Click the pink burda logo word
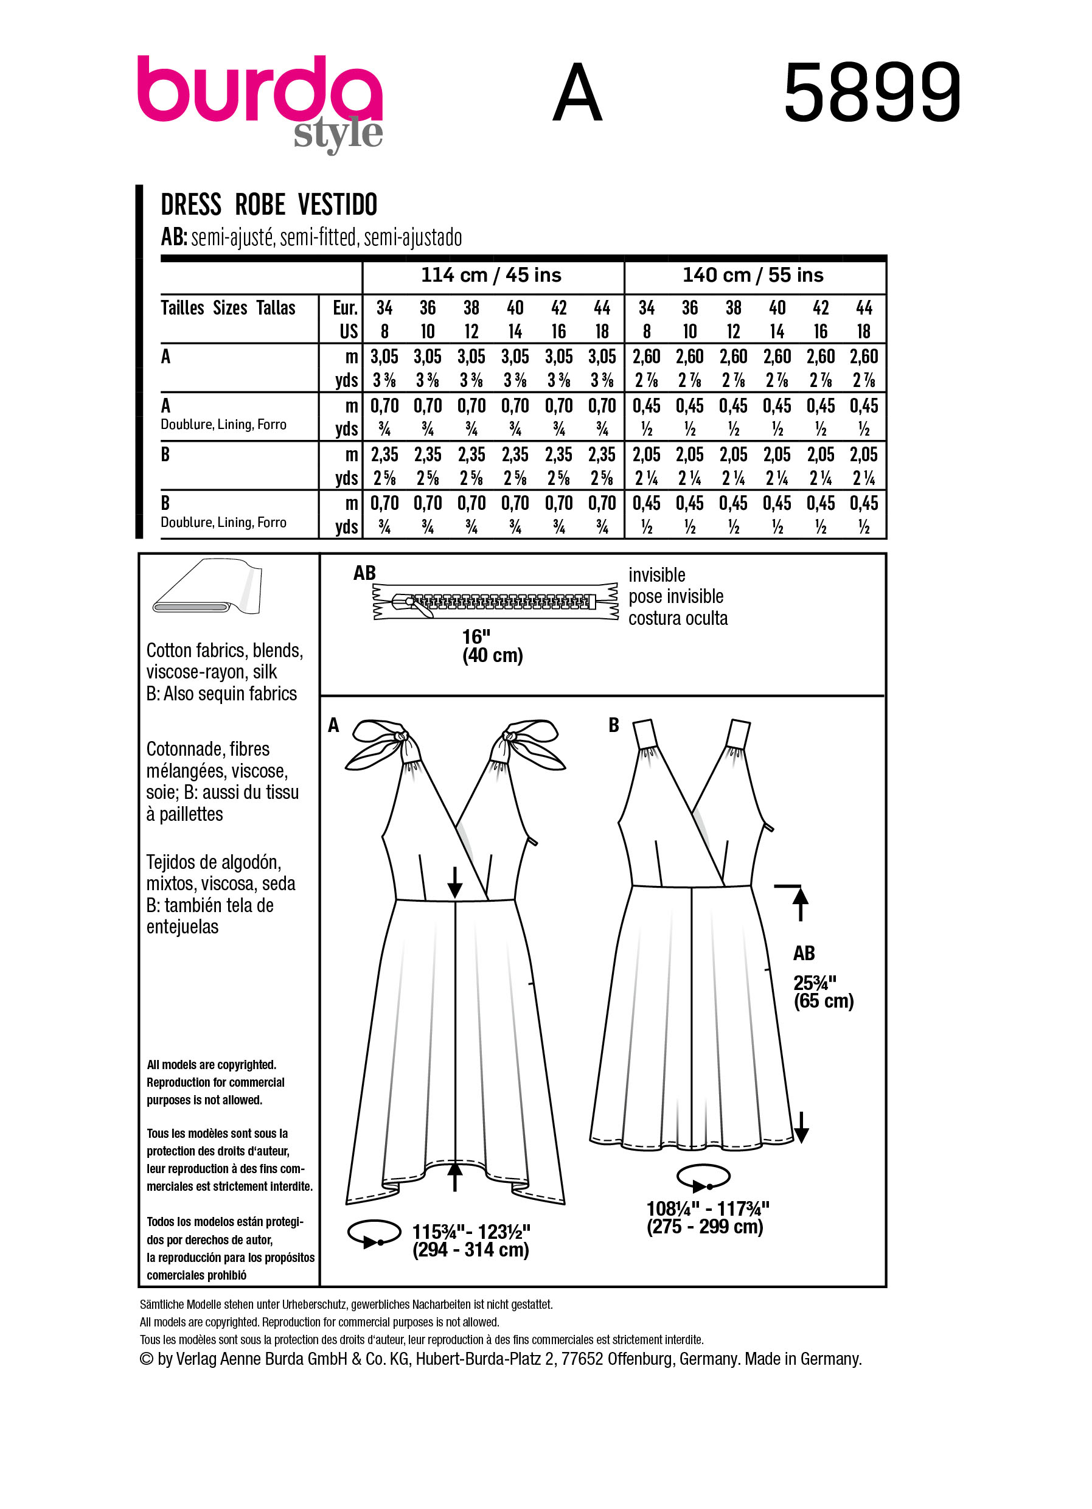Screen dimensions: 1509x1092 tap(259, 90)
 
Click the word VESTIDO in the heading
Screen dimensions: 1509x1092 tap(337, 204)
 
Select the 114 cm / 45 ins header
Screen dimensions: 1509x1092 tap(491, 276)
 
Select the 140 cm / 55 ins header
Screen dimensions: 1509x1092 tap(753, 276)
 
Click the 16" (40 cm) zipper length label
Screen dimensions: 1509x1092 tap(492, 646)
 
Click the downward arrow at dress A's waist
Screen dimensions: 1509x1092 tap(455, 882)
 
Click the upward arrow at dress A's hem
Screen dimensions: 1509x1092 tap(455, 1176)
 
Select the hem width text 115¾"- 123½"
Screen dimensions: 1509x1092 tap(471, 1232)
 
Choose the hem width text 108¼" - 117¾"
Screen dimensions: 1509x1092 tap(708, 1208)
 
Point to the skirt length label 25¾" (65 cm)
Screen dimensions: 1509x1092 tap(822, 992)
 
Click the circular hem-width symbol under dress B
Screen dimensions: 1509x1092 tap(703, 1177)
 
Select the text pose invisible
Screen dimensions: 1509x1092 tap(676, 597)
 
